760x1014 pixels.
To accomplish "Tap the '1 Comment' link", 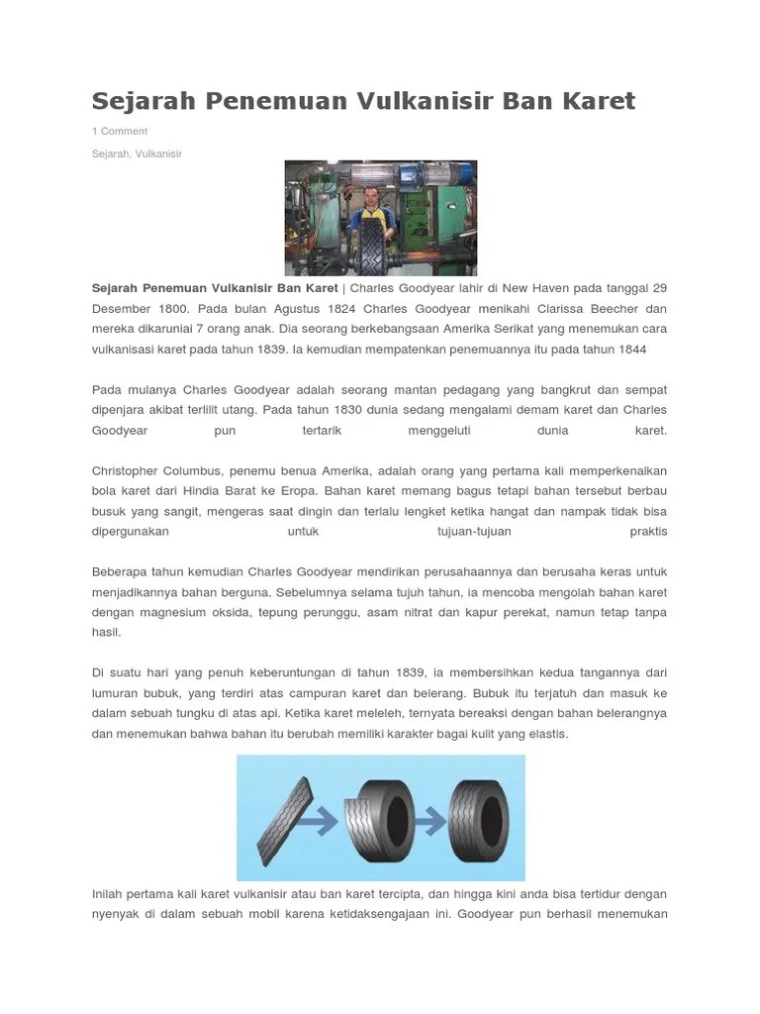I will (120, 131).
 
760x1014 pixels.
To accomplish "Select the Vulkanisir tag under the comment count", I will (159, 153).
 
